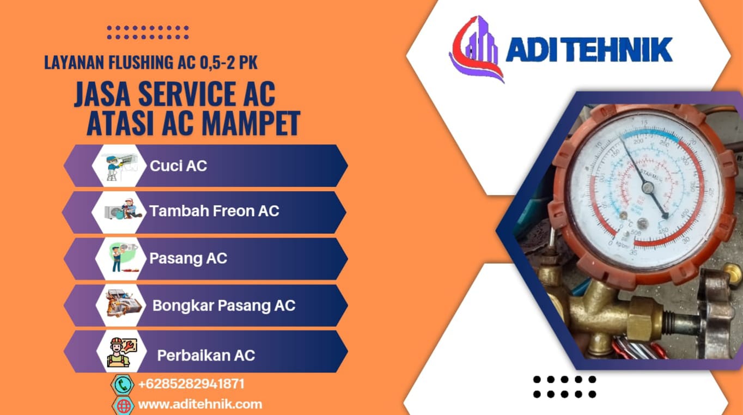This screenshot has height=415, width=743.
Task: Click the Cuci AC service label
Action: tap(179, 166)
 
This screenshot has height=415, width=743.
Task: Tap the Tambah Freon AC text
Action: tap(214, 211)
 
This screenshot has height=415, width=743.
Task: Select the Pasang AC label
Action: tap(188, 258)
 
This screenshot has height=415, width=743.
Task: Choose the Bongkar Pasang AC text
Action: tap(224, 306)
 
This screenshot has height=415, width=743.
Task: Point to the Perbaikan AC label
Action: tap(206, 355)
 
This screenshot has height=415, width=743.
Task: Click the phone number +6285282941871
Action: tap(191, 384)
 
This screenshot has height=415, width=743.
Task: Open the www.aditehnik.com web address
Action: tap(200, 404)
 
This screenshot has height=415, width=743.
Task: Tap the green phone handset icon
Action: tap(123, 385)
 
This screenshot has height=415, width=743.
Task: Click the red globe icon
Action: tap(124, 406)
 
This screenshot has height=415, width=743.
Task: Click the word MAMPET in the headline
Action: tap(251, 123)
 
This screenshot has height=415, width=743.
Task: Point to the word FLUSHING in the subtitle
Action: tap(141, 63)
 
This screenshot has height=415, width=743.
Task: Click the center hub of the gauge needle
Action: tap(648, 188)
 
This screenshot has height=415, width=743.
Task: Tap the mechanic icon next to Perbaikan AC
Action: tap(121, 352)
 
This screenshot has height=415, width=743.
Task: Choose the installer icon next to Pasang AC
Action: tap(122, 258)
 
